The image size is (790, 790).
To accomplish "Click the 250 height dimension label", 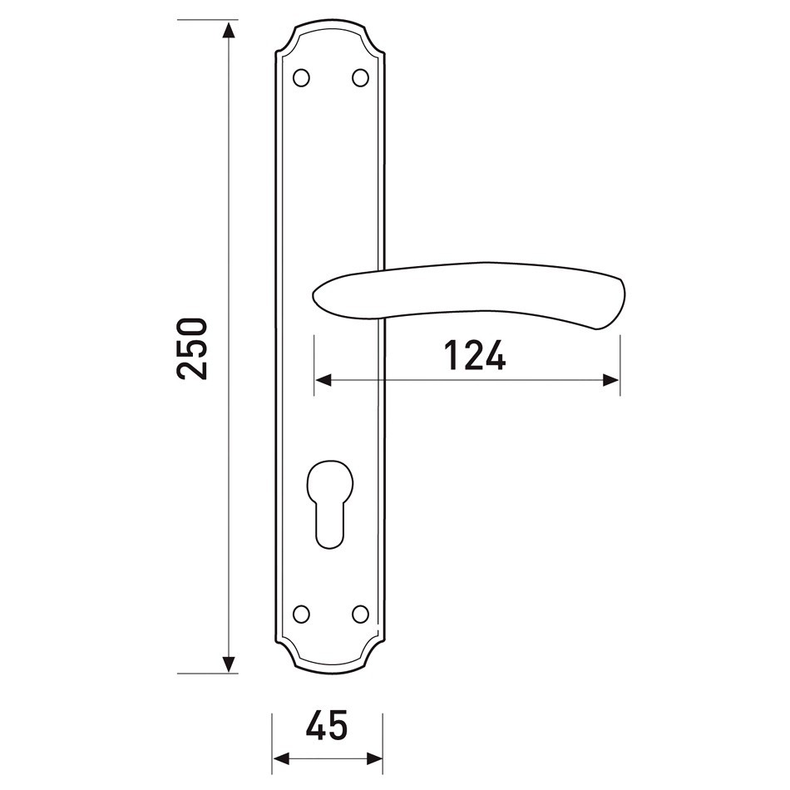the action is pyautogui.click(x=192, y=348).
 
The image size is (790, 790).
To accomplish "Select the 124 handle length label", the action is pyautogui.click(x=474, y=355).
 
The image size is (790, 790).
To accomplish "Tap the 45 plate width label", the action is pyautogui.click(x=327, y=725).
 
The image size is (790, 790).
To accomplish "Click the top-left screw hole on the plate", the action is pyautogui.click(x=301, y=77).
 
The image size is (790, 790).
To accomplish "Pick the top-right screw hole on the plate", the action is pyautogui.click(x=360, y=77).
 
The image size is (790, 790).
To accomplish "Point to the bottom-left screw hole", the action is pyautogui.click(x=301, y=614).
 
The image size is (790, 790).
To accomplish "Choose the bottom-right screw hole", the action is pyautogui.click(x=360, y=614).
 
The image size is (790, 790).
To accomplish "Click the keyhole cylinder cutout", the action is pyautogui.click(x=330, y=504).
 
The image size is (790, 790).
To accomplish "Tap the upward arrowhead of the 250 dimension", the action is pyautogui.click(x=230, y=30).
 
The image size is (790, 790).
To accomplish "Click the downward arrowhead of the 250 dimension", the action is pyautogui.click(x=230, y=664).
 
